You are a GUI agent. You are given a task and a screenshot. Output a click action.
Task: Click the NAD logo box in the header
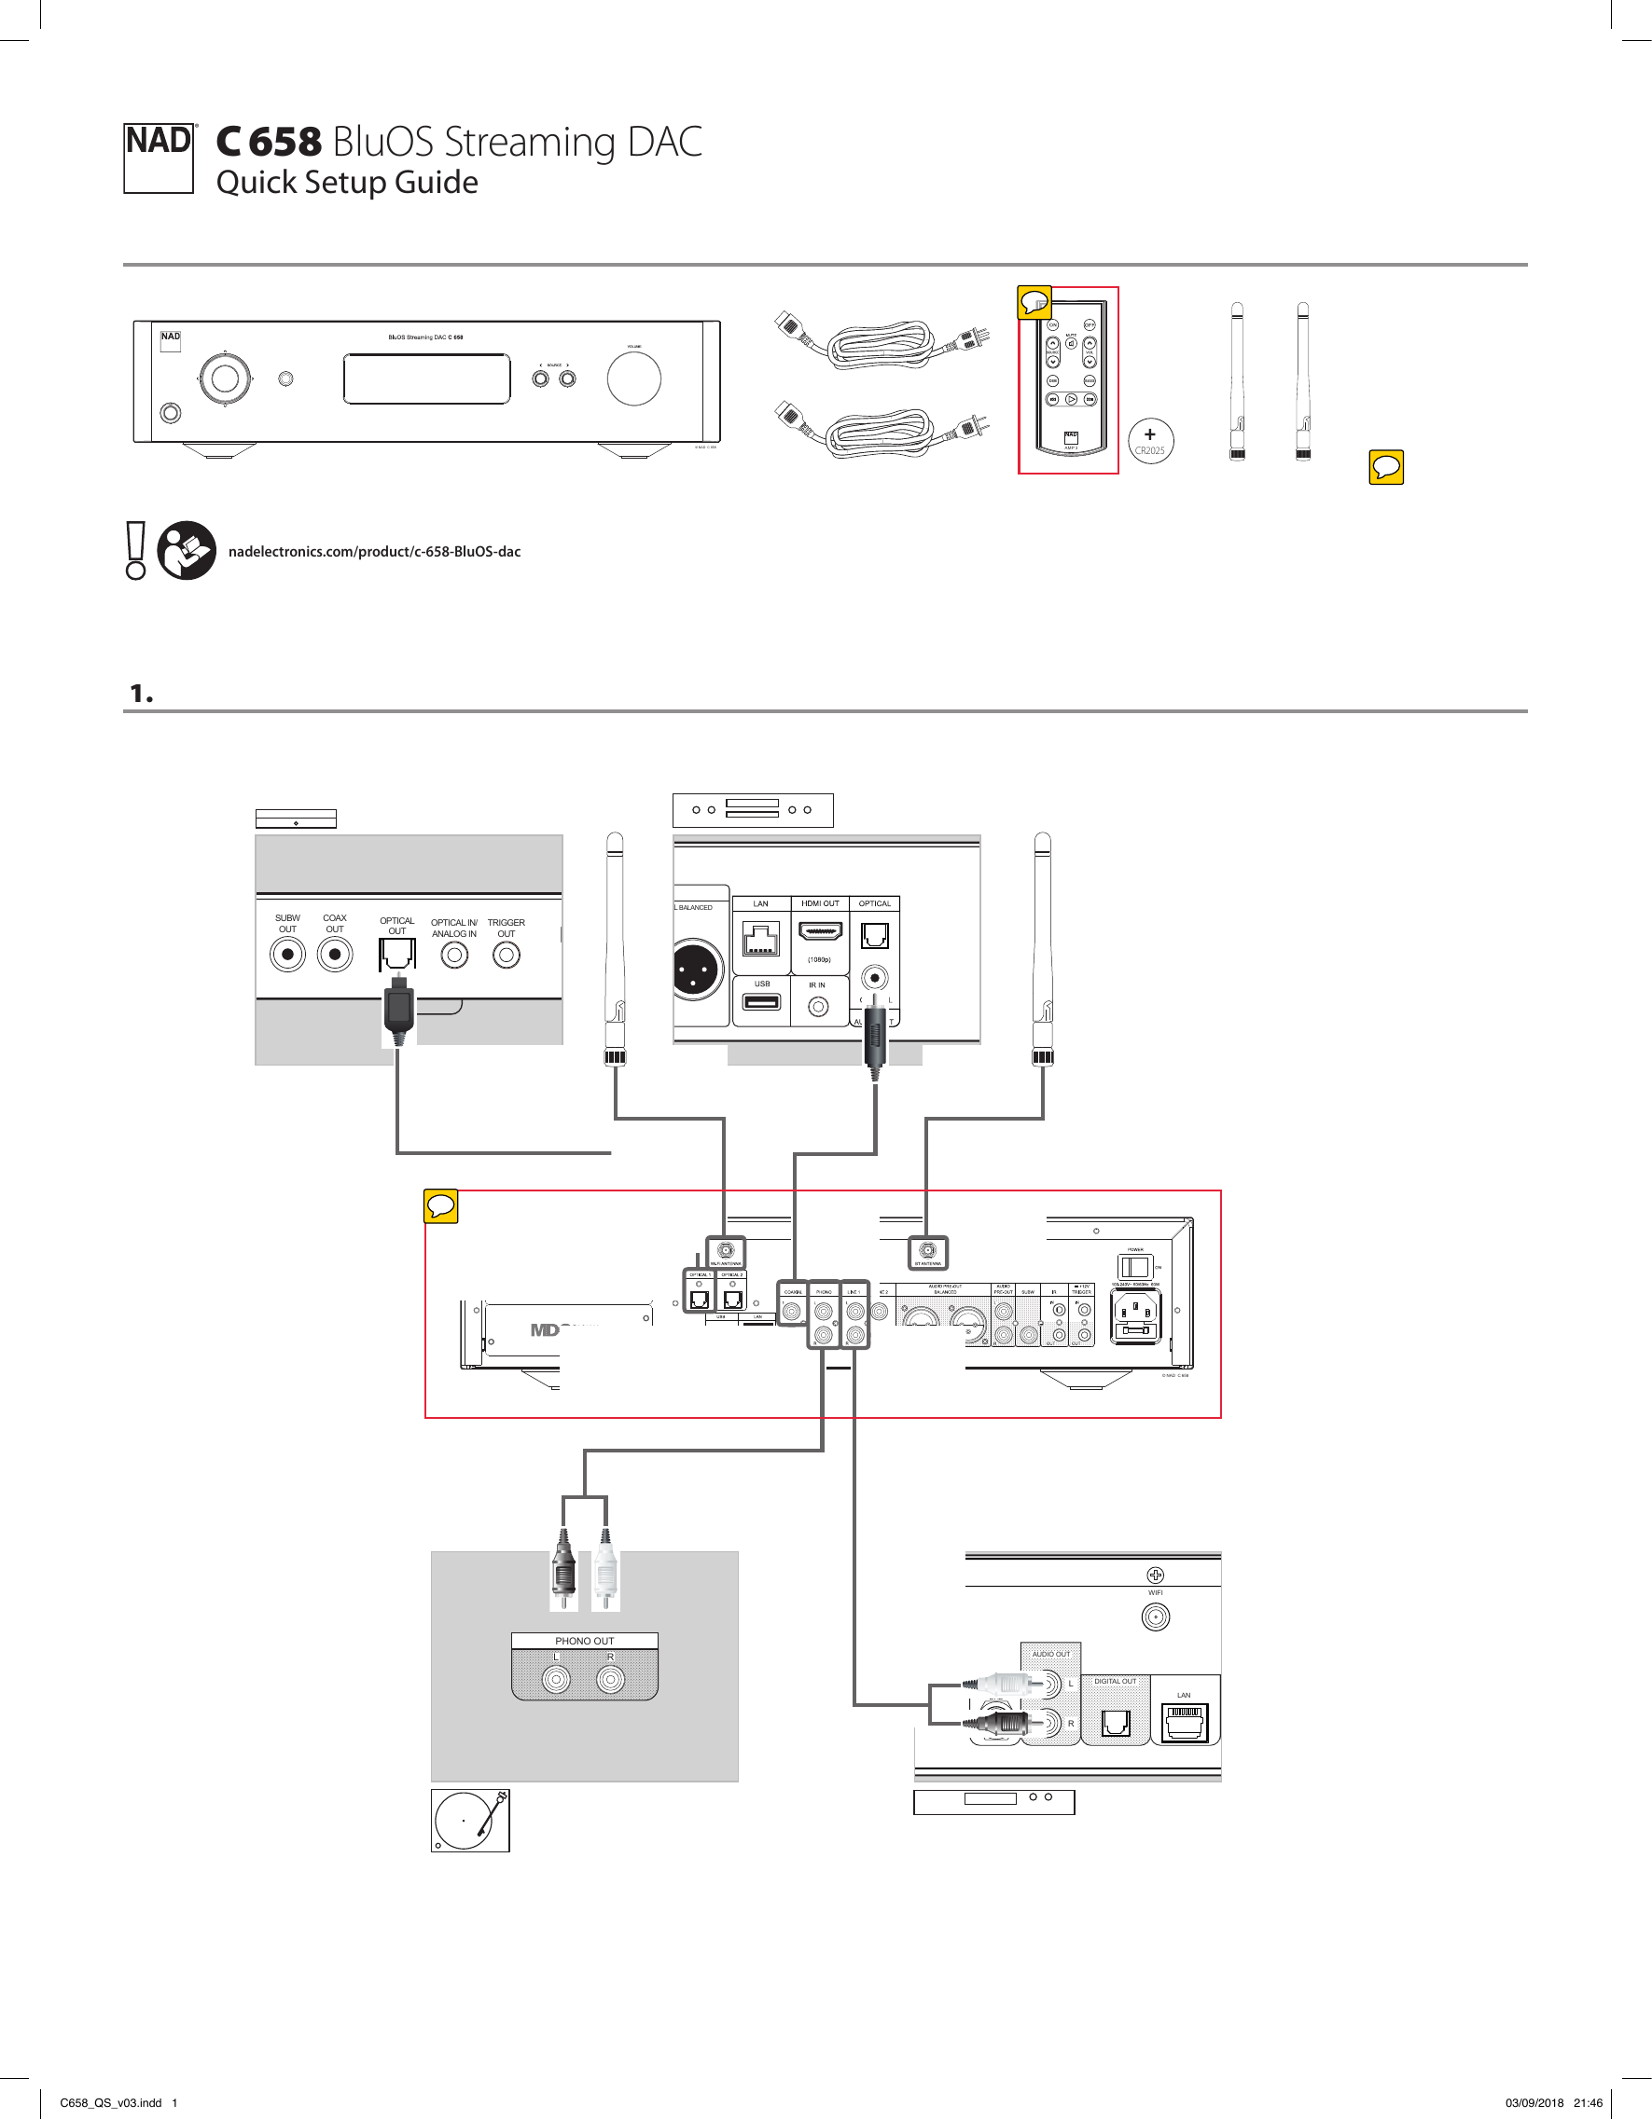160,158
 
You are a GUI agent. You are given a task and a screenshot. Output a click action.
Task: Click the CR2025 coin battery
1150,442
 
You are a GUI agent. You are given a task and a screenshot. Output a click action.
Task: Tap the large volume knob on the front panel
633,378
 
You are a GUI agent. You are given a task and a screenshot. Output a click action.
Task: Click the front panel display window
426,378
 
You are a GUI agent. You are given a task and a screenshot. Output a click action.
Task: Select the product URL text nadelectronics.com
374,551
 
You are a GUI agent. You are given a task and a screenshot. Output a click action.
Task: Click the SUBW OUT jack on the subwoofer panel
287,955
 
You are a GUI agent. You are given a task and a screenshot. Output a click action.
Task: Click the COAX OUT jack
335,955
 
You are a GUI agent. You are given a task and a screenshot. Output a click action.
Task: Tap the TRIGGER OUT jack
506,956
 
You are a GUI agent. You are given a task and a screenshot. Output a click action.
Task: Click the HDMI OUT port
820,932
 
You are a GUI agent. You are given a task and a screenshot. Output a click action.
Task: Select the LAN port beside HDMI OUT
761,938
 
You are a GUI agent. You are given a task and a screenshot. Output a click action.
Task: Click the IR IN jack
818,1007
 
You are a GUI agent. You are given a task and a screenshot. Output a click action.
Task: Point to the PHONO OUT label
584,1641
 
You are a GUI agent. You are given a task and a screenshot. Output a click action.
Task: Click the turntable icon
470,1821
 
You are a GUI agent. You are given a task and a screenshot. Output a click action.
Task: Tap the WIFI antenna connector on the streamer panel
1155,1617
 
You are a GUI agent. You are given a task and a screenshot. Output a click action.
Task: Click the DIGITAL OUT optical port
1116,1723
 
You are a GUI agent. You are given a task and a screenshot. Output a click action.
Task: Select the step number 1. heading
142,694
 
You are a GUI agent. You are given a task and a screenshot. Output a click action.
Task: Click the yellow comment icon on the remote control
1034,303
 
